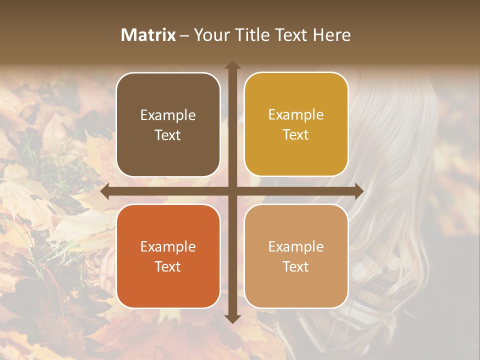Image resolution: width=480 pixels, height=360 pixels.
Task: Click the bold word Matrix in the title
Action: click(148, 35)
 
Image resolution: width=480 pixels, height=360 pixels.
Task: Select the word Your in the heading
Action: click(210, 35)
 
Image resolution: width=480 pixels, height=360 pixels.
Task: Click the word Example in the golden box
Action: click(296, 115)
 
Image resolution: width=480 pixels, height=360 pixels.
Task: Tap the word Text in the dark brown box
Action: click(168, 135)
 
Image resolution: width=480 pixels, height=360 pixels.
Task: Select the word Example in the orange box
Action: click(168, 246)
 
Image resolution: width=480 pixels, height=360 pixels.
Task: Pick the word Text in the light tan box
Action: click(296, 266)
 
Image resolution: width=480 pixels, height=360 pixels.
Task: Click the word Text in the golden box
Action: click(296, 135)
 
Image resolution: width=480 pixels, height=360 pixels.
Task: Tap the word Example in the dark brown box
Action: click(168, 115)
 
